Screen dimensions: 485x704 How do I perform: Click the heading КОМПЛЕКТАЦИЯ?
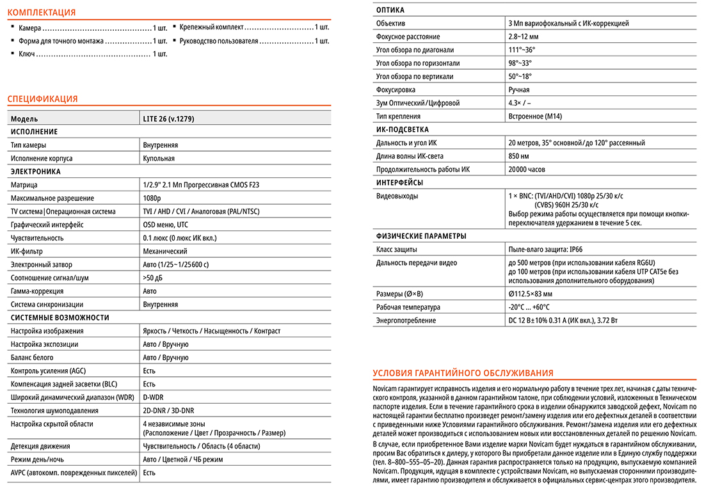tap(41, 12)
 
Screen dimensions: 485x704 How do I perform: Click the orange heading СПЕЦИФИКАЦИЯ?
tap(42, 99)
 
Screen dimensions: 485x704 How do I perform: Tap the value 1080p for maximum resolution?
tap(152, 198)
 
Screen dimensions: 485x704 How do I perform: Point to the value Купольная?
tap(159, 158)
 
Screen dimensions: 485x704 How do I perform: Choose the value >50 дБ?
tap(154, 278)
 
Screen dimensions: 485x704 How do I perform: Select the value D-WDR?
tap(154, 397)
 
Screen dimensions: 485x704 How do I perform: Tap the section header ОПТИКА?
tap(390, 10)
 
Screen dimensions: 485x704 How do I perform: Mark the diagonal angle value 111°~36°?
tap(522, 50)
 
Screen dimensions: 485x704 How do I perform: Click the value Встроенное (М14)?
tap(534, 116)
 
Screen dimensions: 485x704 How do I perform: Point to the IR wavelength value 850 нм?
tap(519, 156)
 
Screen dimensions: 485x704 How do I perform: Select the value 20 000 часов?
tap(527, 169)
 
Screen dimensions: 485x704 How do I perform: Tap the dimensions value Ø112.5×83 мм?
tap(530, 294)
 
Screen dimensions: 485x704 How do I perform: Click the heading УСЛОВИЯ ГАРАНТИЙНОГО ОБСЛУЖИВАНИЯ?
tap(463, 373)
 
